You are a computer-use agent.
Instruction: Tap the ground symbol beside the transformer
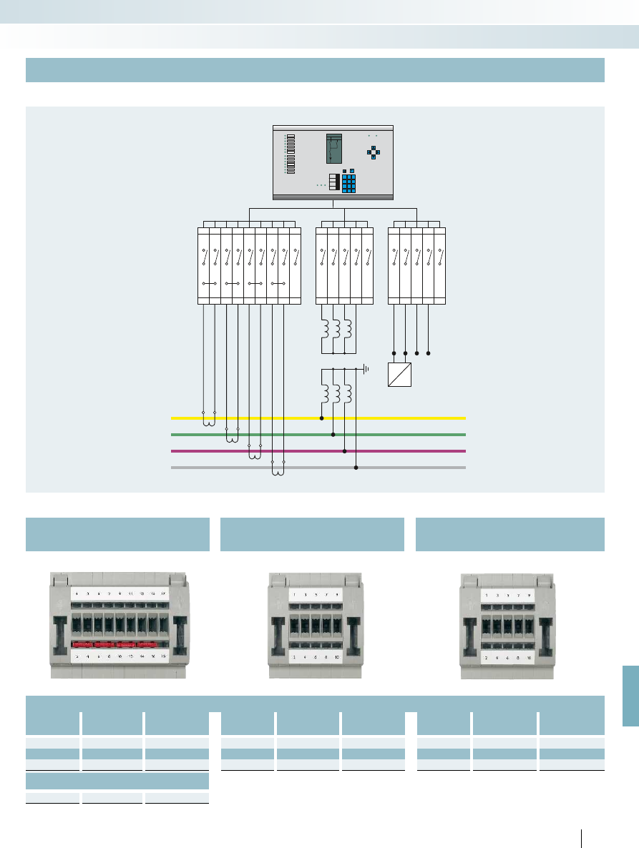pos(366,369)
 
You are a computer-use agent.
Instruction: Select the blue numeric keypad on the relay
pos(349,182)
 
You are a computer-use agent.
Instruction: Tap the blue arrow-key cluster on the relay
pos(374,152)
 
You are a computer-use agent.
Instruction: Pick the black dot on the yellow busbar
pos(322,418)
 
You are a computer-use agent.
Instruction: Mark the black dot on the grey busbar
pos(356,468)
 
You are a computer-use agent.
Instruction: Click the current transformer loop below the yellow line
pos(209,422)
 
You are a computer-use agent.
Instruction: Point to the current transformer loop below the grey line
pos(278,472)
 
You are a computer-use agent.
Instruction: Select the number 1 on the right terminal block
pos(487,595)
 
